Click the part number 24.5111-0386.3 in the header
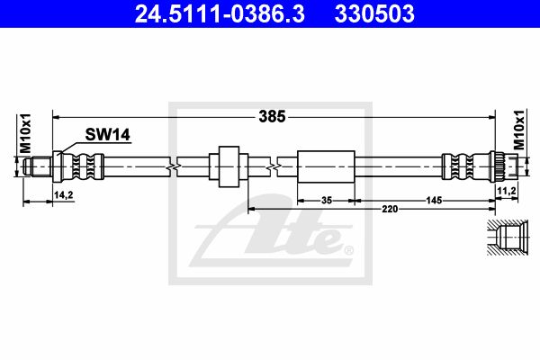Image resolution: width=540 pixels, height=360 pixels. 220,13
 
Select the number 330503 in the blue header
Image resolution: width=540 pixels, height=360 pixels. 374,13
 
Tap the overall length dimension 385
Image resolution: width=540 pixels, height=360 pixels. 272,117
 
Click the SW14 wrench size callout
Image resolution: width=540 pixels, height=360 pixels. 107,134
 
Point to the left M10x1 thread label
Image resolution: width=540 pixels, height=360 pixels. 25,133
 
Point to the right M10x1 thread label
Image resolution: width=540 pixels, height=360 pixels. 518,130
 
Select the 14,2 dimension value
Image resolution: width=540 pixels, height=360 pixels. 63,195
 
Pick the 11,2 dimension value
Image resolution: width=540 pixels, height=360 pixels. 506,190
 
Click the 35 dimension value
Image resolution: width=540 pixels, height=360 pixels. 326,200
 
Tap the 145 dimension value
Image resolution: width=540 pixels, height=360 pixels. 434,200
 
